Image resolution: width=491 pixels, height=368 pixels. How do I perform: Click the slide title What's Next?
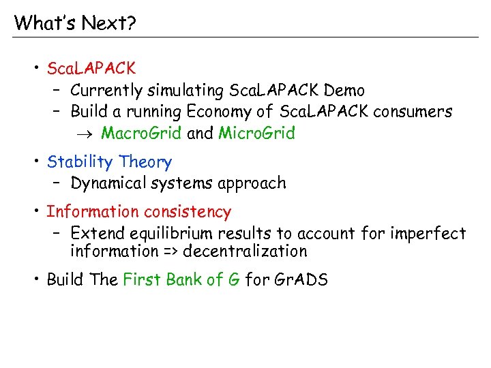coord(75,23)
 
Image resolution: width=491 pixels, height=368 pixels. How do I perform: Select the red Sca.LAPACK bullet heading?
coord(91,69)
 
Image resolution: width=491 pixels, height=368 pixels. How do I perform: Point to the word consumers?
coord(411,112)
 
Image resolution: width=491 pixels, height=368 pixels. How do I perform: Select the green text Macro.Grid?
coord(141,134)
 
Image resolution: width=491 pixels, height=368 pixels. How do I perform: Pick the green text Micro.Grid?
coord(256,134)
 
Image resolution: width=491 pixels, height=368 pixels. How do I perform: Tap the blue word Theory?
coord(145,162)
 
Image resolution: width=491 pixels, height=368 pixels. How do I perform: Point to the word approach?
coord(254,184)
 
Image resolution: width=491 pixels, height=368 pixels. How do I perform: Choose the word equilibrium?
coord(173,234)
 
